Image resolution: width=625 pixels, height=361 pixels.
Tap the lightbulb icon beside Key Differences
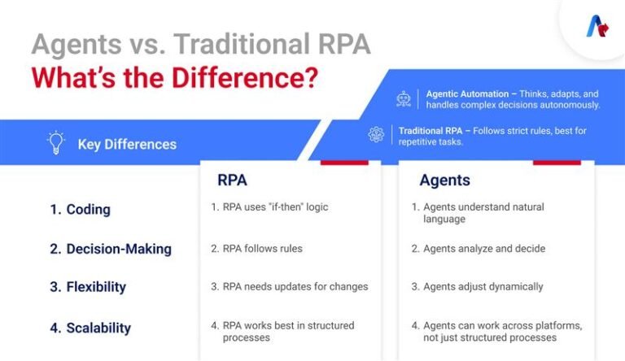pyautogui.click(x=55, y=143)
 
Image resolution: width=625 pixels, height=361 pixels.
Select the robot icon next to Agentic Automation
pyautogui.click(x=404, y=98)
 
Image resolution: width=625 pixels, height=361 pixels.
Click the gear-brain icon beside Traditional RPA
pyautogui.click(x=376, y=135)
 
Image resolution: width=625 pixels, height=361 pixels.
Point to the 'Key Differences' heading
pyautogui.click(x=127, y=145)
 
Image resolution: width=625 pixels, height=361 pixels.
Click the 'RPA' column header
pyautogui.click(x=233, y=180)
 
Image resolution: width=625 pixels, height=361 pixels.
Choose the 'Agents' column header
pyautogui.click(x=444, y=180)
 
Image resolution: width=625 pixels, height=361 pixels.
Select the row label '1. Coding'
pyautogui.click(x=80, y=209)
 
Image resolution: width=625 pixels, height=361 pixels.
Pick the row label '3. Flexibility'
pyautogui.click(x=88, y=287)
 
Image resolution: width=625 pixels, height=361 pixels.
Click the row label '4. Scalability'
pyautogui.click(x=90, y=328)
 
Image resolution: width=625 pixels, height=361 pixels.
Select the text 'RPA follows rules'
pyautogui.click(x=256, y=248)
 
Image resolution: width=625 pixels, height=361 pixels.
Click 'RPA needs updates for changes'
pyautogui.click(x=289, y=286)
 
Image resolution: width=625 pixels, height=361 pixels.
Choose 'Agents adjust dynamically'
pyautogui.click(x=477, y=286)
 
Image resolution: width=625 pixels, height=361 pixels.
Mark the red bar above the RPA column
pyautogui.click(x=344, y=162)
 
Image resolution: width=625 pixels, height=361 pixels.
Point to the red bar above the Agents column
pyautogui.click(x=557, y=162)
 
